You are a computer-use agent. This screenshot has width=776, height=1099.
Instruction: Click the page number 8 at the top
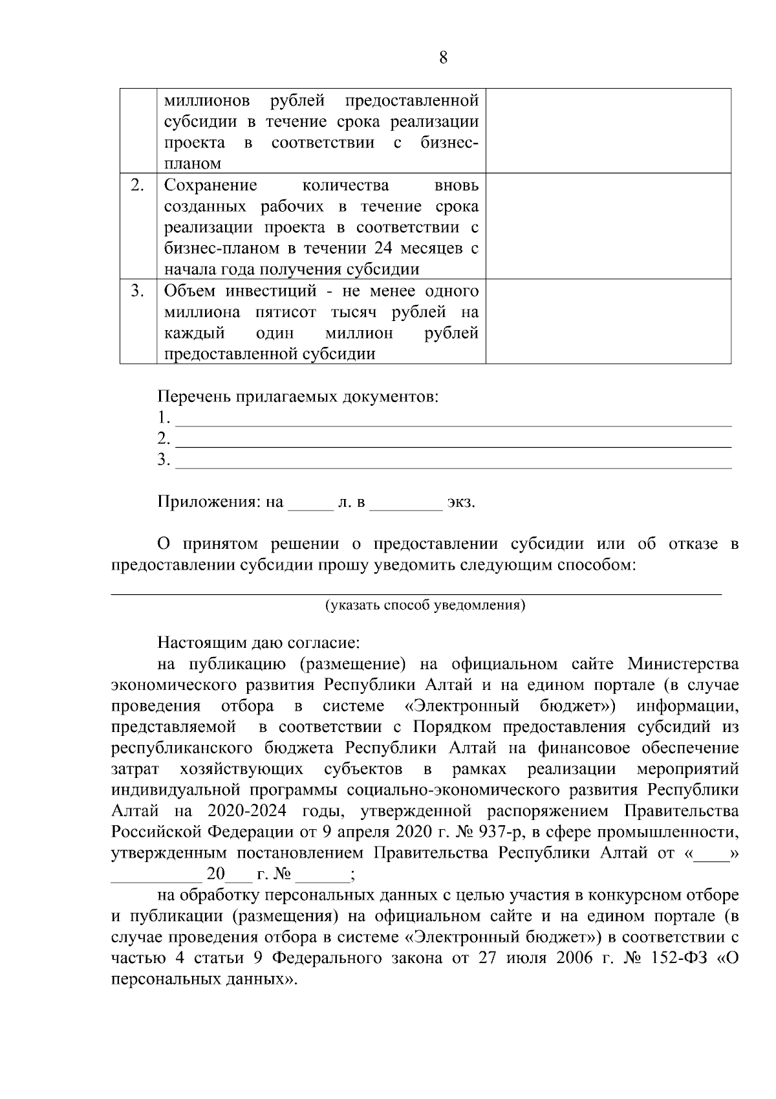point(443,58)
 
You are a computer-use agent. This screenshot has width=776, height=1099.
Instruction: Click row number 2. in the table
point(137,185)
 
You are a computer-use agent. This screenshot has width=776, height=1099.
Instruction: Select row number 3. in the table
point(137,291)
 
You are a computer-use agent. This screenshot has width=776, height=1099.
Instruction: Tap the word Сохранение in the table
point(210,186)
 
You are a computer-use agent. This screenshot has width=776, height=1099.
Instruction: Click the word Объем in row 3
point(189,291)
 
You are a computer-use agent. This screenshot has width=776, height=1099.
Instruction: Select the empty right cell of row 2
point(608,225)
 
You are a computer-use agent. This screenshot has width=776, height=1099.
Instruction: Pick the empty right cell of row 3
point(608,321)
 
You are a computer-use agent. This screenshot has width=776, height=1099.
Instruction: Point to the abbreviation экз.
point(461,502)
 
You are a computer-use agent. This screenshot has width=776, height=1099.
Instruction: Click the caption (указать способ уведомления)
point(424,606)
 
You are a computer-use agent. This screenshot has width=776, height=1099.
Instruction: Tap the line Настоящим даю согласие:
point(258,643)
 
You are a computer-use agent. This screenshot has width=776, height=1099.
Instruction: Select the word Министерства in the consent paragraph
point(683,665)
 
